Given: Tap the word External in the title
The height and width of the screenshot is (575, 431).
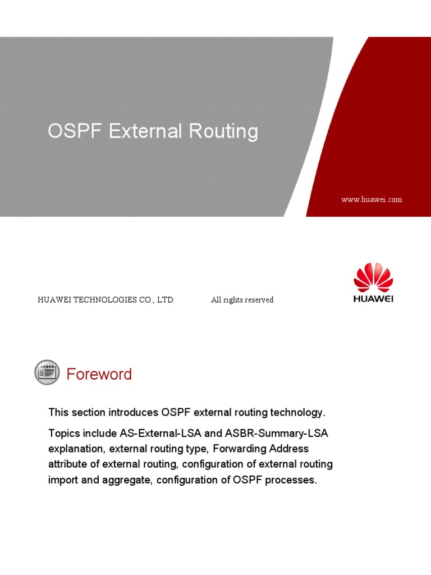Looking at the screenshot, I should [145, 131].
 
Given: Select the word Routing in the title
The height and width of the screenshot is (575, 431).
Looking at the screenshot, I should [223, 131].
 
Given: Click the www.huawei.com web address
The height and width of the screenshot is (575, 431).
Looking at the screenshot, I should [372, 199].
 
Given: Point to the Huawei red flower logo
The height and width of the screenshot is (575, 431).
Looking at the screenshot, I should [373, 277].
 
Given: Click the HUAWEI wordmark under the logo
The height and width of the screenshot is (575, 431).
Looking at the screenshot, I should [373, 299].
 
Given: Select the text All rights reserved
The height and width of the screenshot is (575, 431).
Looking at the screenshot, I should [242, 300].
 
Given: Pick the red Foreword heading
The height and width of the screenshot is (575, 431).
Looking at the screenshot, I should [99, 374].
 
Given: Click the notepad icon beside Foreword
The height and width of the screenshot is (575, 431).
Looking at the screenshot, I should [47, 372].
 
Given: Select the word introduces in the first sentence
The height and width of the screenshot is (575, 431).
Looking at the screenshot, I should [133, 413].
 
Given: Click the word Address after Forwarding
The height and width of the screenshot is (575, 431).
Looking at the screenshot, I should [289, 449].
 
